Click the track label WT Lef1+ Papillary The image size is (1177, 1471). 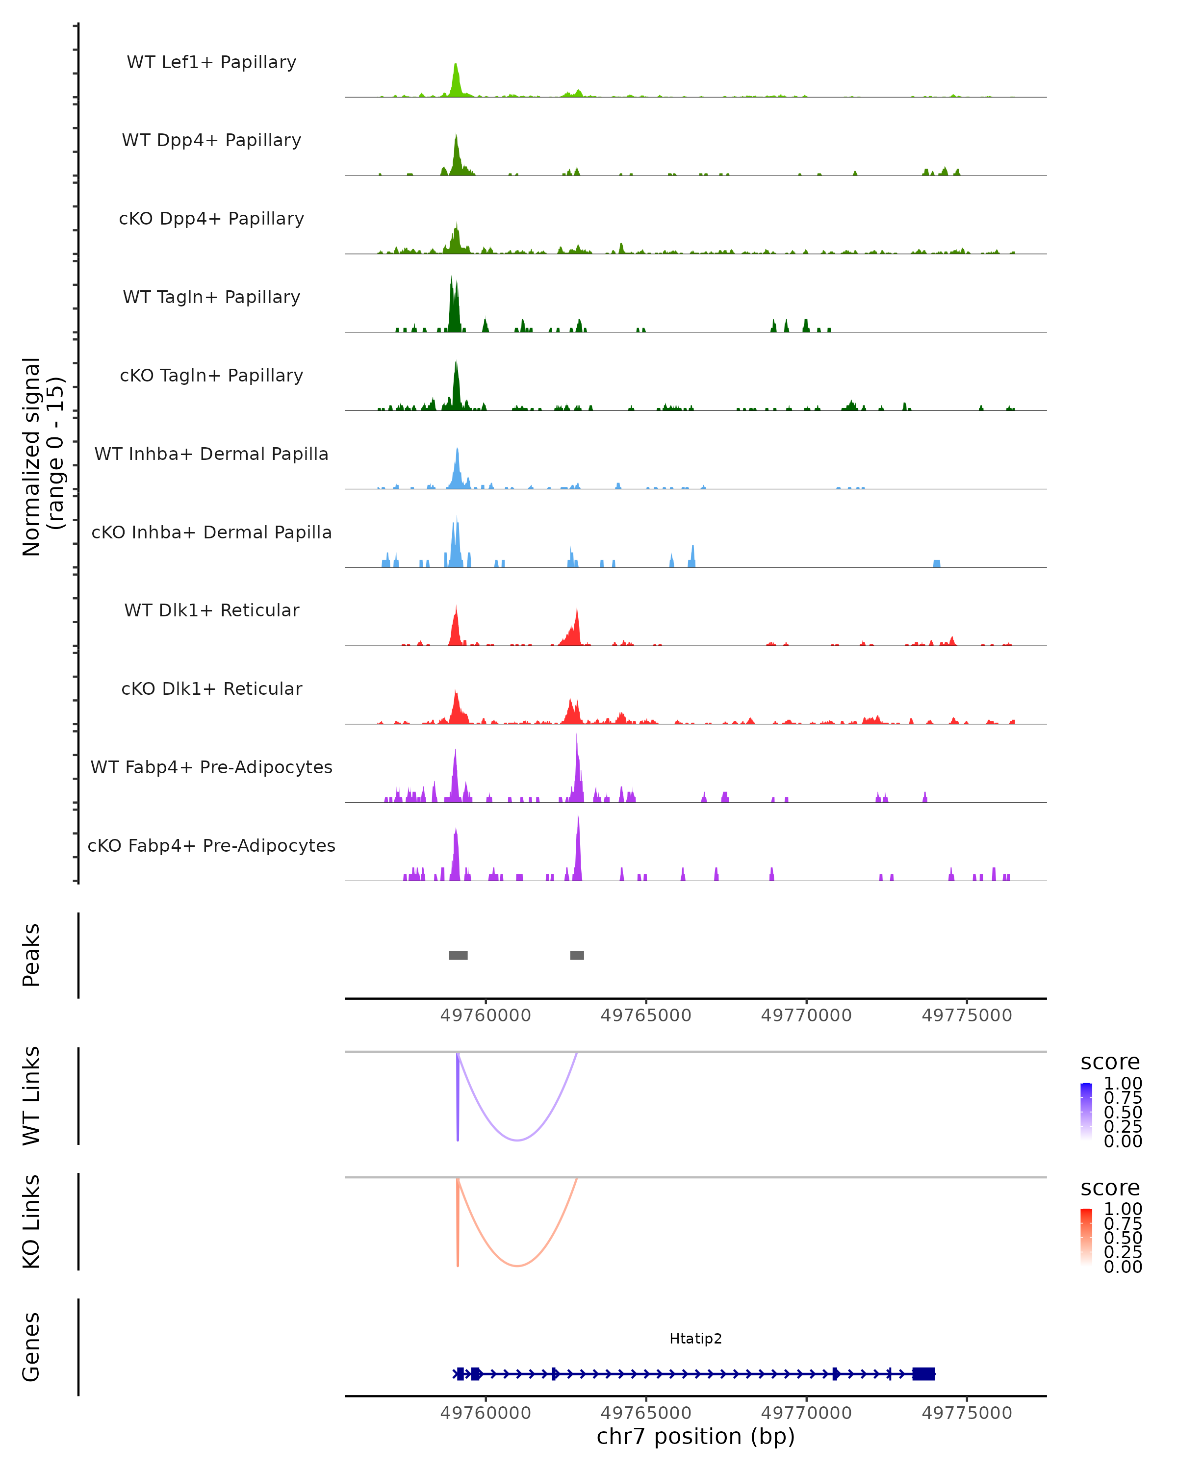tap(211, 62)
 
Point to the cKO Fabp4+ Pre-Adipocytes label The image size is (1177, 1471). tap(211, 845)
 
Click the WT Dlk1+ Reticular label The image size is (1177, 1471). tap(211, 610)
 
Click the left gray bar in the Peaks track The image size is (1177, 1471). tap(458, 955)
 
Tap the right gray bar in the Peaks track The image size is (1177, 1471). tap(577, 955)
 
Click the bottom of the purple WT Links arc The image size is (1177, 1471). tap(518, 1140)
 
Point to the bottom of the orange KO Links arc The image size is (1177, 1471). tap(518, 1266)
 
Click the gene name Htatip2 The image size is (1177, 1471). tap(695, 1339)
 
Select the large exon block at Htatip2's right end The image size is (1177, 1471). tap(923, 1373)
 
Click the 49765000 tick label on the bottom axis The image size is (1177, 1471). tap(645, 1412)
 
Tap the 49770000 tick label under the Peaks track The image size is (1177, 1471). tap(806, 1015)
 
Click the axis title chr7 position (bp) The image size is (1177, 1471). tap(695, 1436)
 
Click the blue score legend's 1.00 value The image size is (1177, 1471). tap(1123, 1084)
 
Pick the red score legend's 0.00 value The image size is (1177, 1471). tap(1123, 1267)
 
